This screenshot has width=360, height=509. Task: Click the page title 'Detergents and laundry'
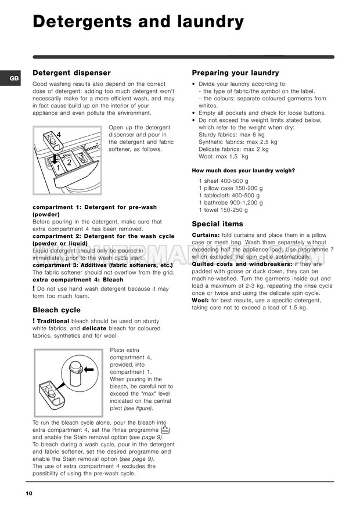coord(138,22)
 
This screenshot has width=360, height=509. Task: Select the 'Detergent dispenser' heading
coord(71,73)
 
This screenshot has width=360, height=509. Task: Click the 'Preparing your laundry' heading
coord(235,73)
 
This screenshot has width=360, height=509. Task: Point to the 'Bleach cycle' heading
coord(56,310)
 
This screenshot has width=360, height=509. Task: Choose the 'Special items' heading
coord(217,224)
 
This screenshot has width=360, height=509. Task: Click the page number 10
coord(29,493)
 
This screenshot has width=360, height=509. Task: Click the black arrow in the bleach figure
coord(89,369)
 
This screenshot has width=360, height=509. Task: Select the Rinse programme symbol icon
coord(164,430)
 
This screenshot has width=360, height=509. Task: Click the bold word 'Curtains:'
coord(206,235)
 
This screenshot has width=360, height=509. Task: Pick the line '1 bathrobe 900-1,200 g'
coord(231,203)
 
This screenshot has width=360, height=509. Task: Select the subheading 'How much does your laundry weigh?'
coord(243,171)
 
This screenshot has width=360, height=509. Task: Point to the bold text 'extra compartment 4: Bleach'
coord(78,280)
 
